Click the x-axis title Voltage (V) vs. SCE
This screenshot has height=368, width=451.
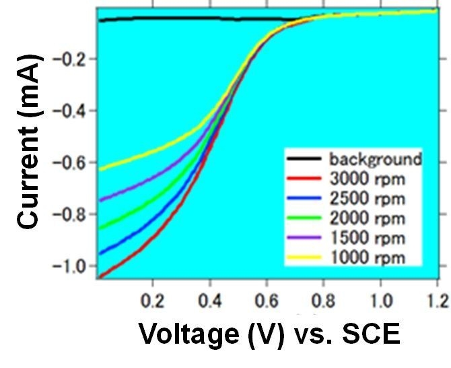(269, 333)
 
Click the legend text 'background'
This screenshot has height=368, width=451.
(375, 160)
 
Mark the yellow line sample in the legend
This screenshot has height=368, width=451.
(306, 258)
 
